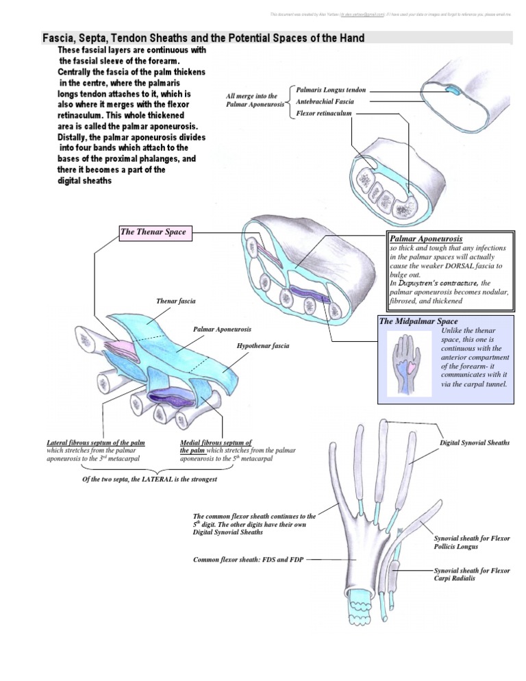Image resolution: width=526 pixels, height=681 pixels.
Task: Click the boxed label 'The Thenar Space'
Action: click(153, 232)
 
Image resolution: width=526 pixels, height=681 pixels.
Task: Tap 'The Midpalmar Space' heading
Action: click(418, 321)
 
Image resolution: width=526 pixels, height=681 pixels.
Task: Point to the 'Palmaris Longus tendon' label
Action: click(331, 90)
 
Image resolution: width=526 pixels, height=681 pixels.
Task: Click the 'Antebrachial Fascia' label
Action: click(325, 101)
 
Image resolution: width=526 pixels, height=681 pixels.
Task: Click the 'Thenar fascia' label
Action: click(177, 301)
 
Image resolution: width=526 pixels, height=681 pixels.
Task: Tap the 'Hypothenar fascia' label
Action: click(262, 346)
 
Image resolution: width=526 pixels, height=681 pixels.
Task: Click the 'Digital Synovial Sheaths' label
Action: click(474, 443)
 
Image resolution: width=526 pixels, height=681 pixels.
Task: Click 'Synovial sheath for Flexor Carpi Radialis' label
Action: click(472, 574)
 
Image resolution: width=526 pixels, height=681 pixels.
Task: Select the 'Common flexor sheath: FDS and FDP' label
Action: click(246, 559)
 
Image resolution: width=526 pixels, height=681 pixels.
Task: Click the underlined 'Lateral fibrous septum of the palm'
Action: click(95, 443)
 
